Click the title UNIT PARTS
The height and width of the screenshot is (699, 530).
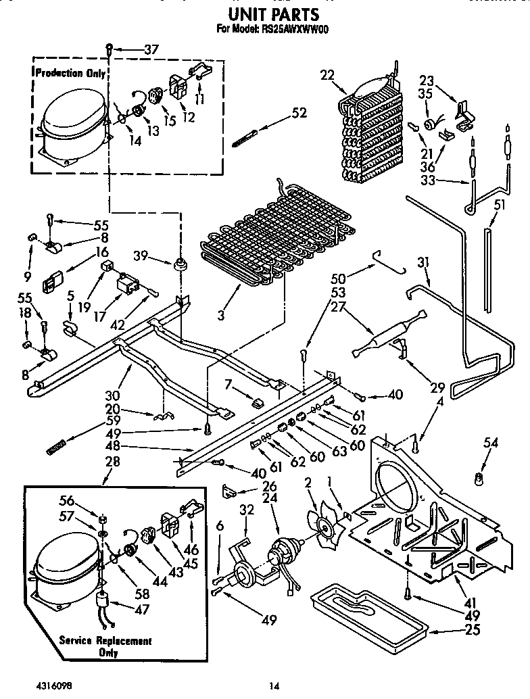[x=273, y=14]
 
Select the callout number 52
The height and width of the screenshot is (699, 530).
[x=298, y=114]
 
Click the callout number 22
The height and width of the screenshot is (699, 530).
[x=327, y=76]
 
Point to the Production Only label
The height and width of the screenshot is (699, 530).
[x=70, y=73]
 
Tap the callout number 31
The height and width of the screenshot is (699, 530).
[x=424, y=262]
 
